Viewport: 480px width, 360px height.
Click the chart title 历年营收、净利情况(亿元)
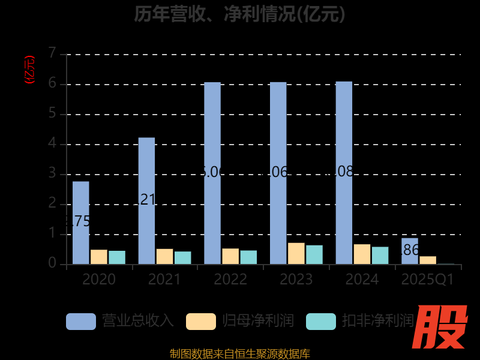point(240,13)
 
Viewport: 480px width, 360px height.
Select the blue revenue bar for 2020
point(81,223)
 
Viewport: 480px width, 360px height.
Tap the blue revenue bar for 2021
point(146,201)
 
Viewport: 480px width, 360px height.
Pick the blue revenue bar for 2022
point(212,173)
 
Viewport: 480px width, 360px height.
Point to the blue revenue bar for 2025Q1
point(410,251)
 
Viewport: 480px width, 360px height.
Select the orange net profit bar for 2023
point(296,253)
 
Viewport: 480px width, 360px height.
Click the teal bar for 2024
point(380,255)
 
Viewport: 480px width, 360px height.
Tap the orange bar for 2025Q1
point(428,260)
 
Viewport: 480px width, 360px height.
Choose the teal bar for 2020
point(117,257)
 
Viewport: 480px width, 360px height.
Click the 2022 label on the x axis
point(230,280)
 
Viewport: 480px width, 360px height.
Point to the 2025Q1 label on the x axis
point(428,280)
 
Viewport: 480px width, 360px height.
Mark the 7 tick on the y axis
point(52,54)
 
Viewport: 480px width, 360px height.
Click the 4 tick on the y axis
point(52,144)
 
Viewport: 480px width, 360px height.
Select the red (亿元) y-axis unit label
point(29,70)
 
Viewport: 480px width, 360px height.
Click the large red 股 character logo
point(442,328)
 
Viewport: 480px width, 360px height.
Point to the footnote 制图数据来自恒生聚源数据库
point(240,353)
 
